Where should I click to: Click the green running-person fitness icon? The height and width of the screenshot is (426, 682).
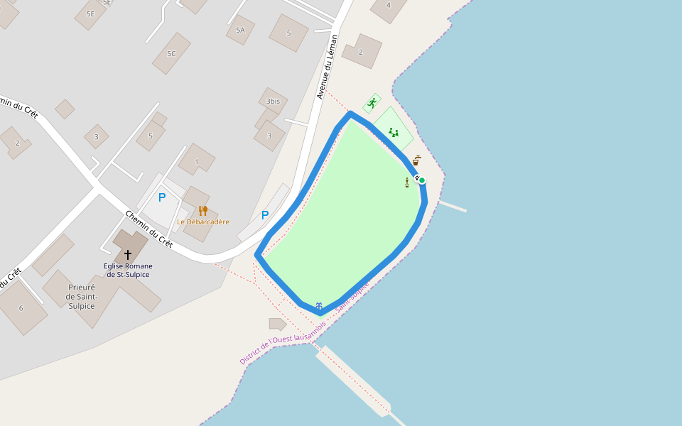click(372, 103)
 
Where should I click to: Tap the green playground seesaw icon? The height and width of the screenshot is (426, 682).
click(394, 132)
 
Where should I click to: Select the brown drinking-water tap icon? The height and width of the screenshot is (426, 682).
click(416, 161)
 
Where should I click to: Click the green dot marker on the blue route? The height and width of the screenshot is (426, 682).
click(422, 180)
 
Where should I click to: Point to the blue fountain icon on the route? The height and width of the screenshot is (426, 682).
click(319, 305)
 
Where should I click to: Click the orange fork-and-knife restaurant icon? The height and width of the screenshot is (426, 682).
click(202, 210)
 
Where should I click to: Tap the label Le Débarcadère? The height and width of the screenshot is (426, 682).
click(203, 222)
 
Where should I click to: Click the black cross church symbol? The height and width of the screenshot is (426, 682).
click(128, 254)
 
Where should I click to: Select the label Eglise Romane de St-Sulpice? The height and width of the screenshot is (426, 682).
click(128, 270)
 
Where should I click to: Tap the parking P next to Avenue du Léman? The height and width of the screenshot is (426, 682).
click(265, 215)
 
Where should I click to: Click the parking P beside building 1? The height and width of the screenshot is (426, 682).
click(162, 198)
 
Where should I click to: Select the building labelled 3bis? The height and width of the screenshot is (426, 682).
click(273, 102)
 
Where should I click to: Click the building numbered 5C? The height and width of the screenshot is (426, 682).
click(171, 53)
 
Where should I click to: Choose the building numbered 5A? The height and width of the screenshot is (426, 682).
click(240, 30)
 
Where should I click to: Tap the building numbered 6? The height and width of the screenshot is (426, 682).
click(21, 307)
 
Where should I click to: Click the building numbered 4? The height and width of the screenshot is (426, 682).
click(388, 6)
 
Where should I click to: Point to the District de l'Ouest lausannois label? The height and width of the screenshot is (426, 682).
click(282, 342)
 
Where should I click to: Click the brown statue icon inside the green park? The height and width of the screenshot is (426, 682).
click(407, 182)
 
